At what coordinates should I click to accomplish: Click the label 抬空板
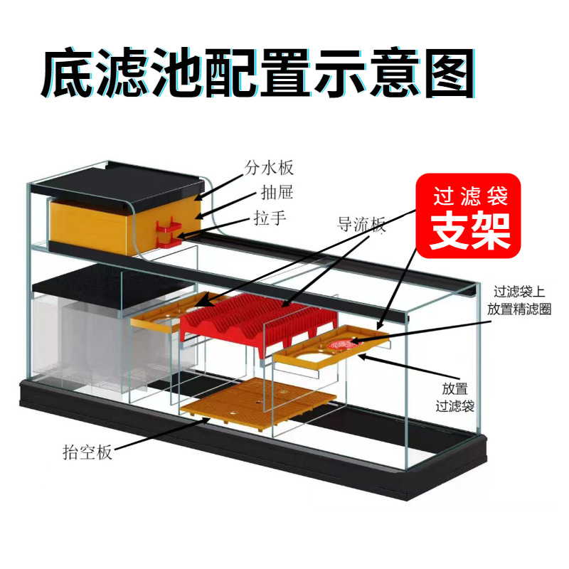[86, 452]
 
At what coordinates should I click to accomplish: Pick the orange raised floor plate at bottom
[259, 403]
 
